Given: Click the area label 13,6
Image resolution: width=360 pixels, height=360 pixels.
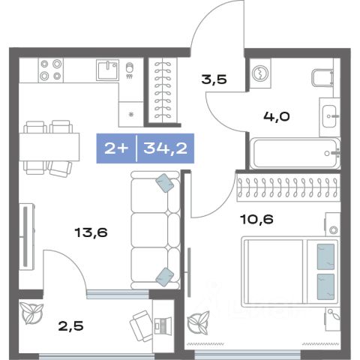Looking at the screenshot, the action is pyautogui.click(x=91, y=232).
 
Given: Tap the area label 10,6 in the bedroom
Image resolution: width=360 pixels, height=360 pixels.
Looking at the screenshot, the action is pyautogui.click(x=256, y=219).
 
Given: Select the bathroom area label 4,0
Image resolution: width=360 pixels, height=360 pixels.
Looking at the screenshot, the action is pyautogui.click(x=277, y=116).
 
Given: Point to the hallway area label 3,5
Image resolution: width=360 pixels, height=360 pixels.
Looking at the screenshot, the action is pyautogui.click(x=214, y=79).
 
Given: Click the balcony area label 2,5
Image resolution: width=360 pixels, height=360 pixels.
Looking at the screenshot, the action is pyautogui.click(x=70, y=326).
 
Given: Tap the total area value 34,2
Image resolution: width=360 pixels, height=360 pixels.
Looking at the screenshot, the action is pyautogui.click(x=166, y=148).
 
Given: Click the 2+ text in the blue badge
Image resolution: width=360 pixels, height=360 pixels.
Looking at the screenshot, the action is pyautogui.click(x=116, y=148).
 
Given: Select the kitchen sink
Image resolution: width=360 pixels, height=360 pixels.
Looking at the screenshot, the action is pyautogui.click(x=108, y=70).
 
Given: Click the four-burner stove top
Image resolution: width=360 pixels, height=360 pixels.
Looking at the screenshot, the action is pyautogui.click(x=51, y=70).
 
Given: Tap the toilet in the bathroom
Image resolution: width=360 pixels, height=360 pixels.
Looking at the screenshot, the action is pyautogui.click(x=322, y=77).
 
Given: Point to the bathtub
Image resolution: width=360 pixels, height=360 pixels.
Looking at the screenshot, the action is pyautogui.click(x=295, y=153).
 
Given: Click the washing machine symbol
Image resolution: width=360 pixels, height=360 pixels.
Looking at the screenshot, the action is pyautogui.click(x=260, y=73).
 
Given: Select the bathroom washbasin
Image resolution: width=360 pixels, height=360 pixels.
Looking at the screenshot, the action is pyautogui.click(x=329, y=116).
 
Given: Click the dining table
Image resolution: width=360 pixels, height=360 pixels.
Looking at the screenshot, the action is pyautogui.click(x=49, y=147).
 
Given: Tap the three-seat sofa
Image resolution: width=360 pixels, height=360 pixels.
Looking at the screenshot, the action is pyautogui.click(x=155, y=230).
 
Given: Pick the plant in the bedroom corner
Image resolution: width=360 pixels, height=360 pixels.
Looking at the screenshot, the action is pyautogui.click(x=199, y=322).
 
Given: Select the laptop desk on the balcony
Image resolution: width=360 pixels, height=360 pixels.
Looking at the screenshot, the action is pyautogui.click(x=163, y=325).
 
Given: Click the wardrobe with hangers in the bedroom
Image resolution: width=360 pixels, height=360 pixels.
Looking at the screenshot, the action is pyautogui.click(x=289, y=187).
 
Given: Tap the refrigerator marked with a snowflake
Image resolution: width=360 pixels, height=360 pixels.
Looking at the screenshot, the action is pyautogui.click(x=130, y=114).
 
